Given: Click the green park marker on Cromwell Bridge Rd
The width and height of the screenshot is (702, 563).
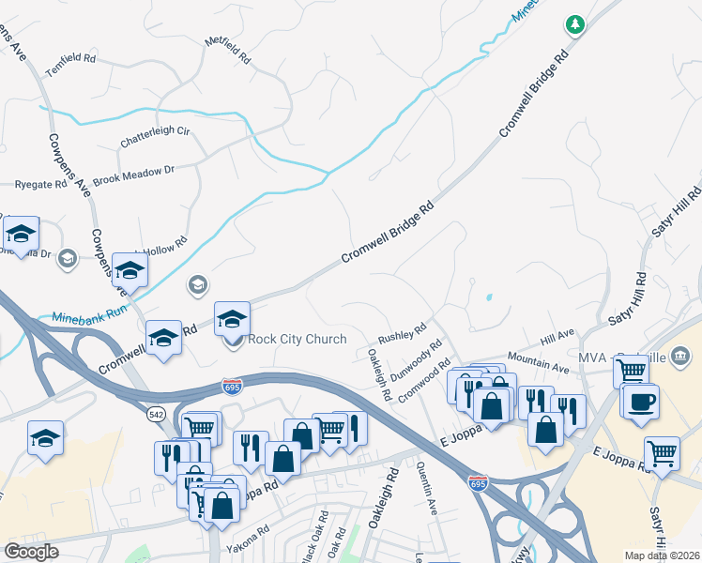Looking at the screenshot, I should point(574,24).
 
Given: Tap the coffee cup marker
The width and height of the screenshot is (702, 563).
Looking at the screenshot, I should point(642,402).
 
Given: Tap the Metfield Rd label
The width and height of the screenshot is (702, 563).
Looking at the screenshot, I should point(229,50).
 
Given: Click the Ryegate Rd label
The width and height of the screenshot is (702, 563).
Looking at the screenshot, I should point(40,185).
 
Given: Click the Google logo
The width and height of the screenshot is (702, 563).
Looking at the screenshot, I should point(31,552).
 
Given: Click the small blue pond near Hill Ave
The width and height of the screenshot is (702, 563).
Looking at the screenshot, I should point(489,298).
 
